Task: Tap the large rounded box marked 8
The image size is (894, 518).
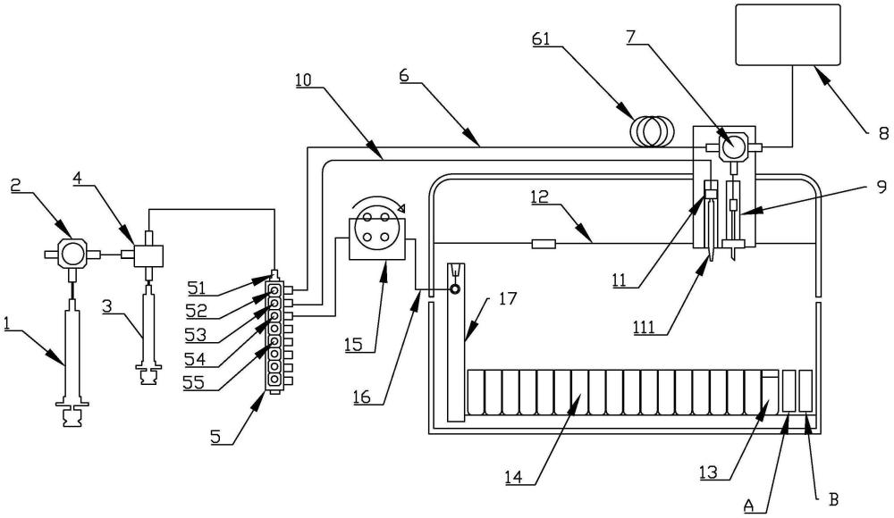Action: pos(789,35)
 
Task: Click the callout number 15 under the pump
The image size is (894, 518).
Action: pos(353,344)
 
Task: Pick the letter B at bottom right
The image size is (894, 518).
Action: pos(833,500)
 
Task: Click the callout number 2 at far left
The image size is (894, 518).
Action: pos(16,184)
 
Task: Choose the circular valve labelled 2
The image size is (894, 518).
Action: pos(72,254)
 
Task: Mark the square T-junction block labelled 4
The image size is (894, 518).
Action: pos(148,255)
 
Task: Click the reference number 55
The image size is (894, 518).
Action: pos(193,381)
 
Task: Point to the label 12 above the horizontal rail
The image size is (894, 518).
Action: pos(539,196)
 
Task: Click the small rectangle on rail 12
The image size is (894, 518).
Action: pos(544,244)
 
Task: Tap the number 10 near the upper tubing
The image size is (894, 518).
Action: pos(304,79)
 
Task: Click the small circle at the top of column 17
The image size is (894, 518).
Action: pos(456,289)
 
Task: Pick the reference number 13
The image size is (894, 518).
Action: pos(709,472)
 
